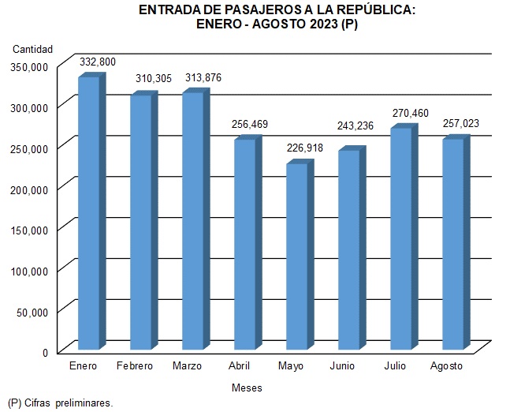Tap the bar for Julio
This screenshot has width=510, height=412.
point(400,237)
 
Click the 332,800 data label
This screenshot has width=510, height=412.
point(98,61)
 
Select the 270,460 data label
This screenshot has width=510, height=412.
point(410,113)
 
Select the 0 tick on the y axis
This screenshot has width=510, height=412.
point(46,352)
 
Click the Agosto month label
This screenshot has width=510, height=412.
point(447,367)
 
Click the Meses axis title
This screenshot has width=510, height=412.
point(247,388)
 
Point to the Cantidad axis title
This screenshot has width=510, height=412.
point(32,50)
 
